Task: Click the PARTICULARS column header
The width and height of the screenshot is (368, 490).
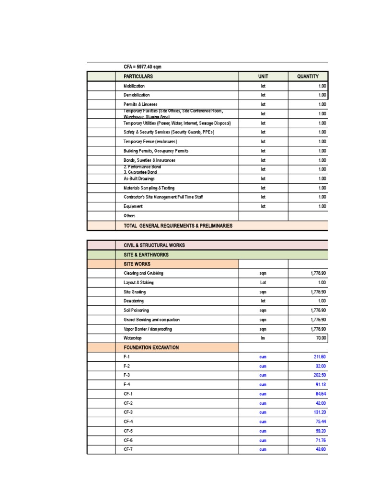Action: click(x=138, y=77)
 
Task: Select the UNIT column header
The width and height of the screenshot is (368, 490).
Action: click(x=263, y=77)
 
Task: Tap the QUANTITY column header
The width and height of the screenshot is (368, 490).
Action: click(x=307, y=77)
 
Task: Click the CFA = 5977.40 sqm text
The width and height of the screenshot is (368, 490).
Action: click(x=146, y=67)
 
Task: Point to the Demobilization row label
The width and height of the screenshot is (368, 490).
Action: click(x=137, y=95)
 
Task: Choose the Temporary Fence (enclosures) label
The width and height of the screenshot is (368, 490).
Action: click(x=150, y=142)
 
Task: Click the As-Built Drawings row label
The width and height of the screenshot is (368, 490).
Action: click(x=139, y=178)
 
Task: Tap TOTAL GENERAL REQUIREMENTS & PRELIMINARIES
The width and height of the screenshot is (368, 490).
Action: click(x=178, y=225)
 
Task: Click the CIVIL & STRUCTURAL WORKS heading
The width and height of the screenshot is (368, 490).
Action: click(x=154, y=245)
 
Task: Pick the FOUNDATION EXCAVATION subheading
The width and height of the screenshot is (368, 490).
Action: click(x=151, y=347)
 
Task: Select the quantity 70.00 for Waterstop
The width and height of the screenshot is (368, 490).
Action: click(x=320, y=338)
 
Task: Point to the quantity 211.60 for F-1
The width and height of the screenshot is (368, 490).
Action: click(x=319, y=357)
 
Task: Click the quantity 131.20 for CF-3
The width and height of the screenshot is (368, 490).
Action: click(x=319, y=412)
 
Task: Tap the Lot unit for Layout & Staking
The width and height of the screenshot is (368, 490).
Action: click(x=263, y=283)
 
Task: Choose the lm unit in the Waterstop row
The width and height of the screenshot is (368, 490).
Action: click(x=263, y=338)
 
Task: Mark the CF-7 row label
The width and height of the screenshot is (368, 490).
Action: click(x=128, y=449)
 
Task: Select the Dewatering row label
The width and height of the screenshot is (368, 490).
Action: click(x=133, y=301)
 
